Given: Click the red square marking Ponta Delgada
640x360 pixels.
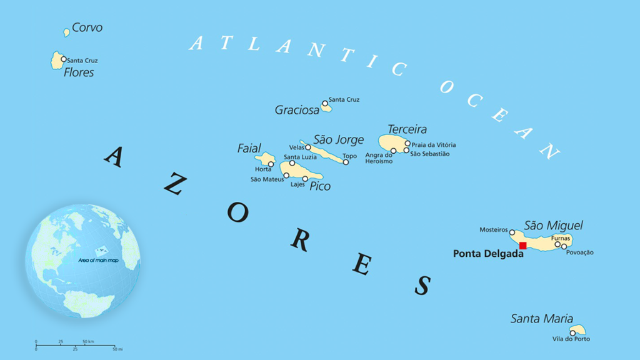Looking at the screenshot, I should click(x=522, y=246).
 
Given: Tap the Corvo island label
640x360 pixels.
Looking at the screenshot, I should click(x=87, y=27).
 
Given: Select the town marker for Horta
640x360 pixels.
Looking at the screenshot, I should click(x=271, y=164).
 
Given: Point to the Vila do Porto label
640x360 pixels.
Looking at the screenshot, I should click(x=571, y=339).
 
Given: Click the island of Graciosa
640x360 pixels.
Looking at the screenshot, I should click(x=326, y=107).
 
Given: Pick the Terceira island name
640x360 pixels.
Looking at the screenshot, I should click(x=407, y=129).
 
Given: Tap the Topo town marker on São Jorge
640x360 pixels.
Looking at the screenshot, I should click(x=346, y=162).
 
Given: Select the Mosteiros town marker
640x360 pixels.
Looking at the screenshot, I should click(x=512, y=232).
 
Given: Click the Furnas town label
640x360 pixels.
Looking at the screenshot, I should click(x=561, y=238).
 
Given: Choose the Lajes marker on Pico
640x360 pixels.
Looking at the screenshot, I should click(x=305, y=179).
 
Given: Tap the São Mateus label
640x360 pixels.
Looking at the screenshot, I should click(x=267, y=179).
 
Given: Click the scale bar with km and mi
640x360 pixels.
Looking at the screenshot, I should click(x=75, y=345).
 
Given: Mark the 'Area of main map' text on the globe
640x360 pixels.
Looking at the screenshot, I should click(x=98, y=259).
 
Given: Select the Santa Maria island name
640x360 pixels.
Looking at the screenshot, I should click(x=541, y=319).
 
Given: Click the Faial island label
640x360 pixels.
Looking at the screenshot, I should click(x=249, y=148).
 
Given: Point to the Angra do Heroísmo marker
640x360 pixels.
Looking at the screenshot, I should click(x=393, y=151).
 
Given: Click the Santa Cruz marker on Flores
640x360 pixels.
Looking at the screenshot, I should click(x=63, y=59).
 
